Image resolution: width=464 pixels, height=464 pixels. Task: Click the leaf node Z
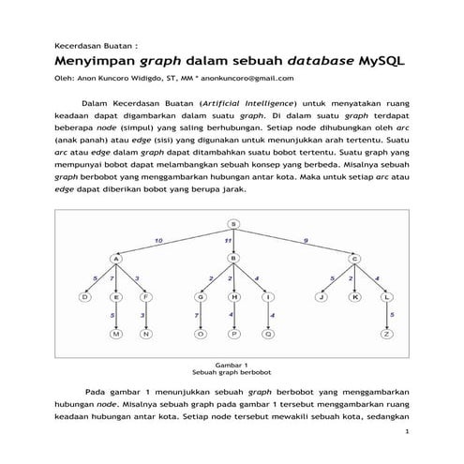click(386, 334)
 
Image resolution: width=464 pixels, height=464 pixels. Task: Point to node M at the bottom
click(116, 334)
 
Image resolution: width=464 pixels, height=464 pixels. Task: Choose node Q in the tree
click(268, 334)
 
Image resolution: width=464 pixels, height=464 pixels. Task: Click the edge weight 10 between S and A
click(158, 241)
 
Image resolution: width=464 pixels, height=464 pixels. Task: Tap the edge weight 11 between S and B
click(228, 242)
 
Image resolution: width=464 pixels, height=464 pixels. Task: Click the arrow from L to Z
click(386, 315)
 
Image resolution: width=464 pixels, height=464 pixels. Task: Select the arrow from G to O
click(200, 315)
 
